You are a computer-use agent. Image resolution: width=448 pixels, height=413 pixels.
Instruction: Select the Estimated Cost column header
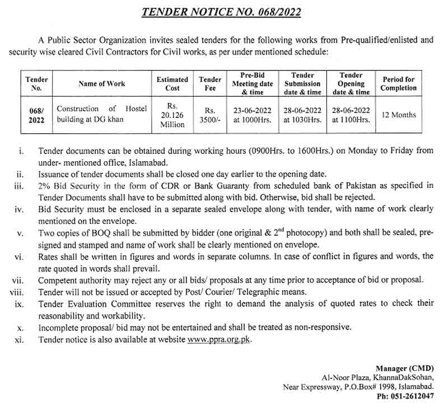[172, 84]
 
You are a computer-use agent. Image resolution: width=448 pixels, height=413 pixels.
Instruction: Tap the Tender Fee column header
[210, 84]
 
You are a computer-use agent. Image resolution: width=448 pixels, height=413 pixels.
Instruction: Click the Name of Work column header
[102, 84]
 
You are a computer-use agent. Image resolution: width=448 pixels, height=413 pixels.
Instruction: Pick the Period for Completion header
[399, 84]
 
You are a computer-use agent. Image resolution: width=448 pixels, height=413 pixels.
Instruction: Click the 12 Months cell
[399, 115]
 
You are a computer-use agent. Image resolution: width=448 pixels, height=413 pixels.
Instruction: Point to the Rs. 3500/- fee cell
[210, 115]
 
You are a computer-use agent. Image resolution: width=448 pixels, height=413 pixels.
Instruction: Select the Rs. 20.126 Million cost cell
[172, 115]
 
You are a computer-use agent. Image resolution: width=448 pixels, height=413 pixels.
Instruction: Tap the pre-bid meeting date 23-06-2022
[253, 110]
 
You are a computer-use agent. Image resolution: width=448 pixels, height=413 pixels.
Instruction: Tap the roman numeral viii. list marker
[17, 292]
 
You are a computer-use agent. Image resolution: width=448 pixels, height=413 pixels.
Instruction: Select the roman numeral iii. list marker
[18, 186]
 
